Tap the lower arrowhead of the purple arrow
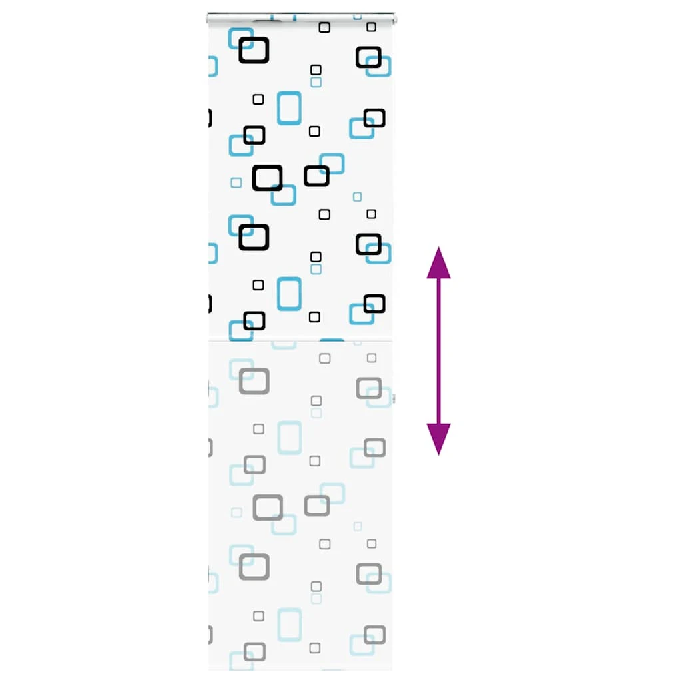click(x=438, y=438)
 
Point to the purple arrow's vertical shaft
click(x=438, y=351)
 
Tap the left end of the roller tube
click(x=209, y=19)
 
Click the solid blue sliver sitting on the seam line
click(x=332, y=340)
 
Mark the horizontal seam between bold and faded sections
click(x=300, y=341)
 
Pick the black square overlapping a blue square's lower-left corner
click(x=316, y=176)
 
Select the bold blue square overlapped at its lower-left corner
click(x=332, y=164)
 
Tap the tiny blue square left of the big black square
click(x=236, y=182)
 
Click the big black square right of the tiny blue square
click(x=268, y=178)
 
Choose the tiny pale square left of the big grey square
click(x=236, y=512)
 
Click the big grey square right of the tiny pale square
click(x=268, y=508)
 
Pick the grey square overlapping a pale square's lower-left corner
click(x=317, y=506)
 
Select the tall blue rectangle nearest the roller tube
click(x=289, y=108)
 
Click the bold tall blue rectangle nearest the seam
click(x=289, y=294)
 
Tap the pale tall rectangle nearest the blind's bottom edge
click(x=290, y=625)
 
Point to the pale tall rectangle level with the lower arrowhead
click(x=290, y=438)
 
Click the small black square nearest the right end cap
click(x=371, y=27)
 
